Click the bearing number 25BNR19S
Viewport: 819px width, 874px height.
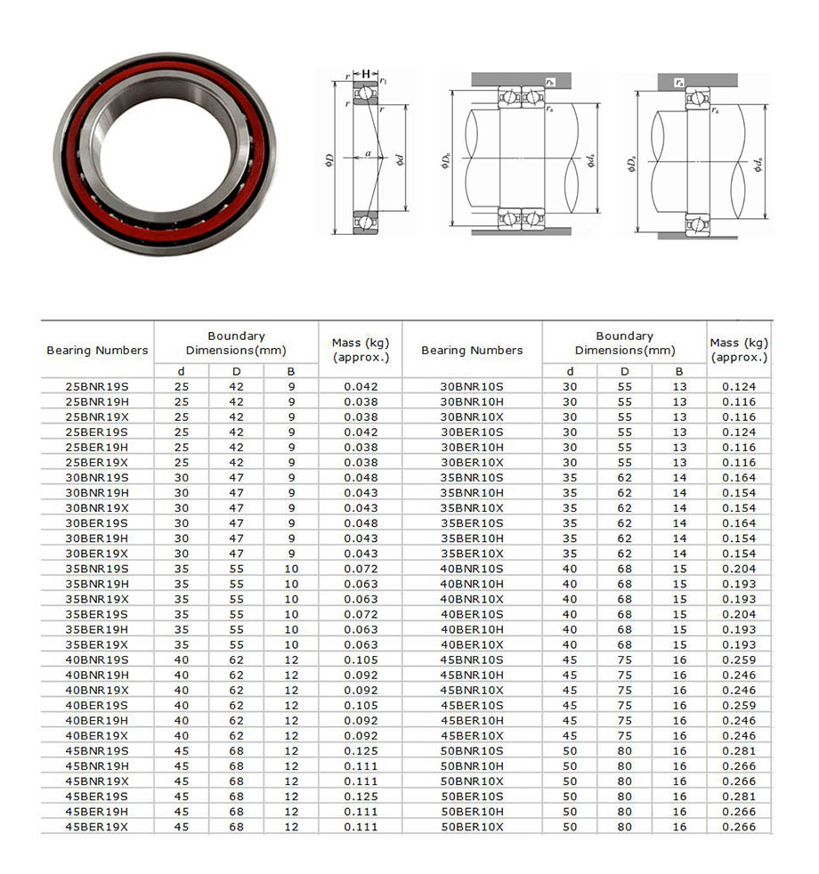click(97, 387)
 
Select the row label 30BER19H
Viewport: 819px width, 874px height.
click(97, 538)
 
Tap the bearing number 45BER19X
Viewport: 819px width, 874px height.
click(97, 827)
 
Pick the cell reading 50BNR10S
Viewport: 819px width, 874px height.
click(472, 751)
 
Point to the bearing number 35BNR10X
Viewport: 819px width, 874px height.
click(472, 508)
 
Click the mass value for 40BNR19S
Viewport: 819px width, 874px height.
click(361, 660)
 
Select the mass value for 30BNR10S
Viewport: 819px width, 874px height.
click(739, 387)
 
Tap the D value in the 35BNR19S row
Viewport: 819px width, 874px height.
click(237, 569)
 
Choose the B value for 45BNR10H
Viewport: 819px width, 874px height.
click(679, 676)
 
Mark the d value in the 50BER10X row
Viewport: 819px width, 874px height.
click(570, 827)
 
